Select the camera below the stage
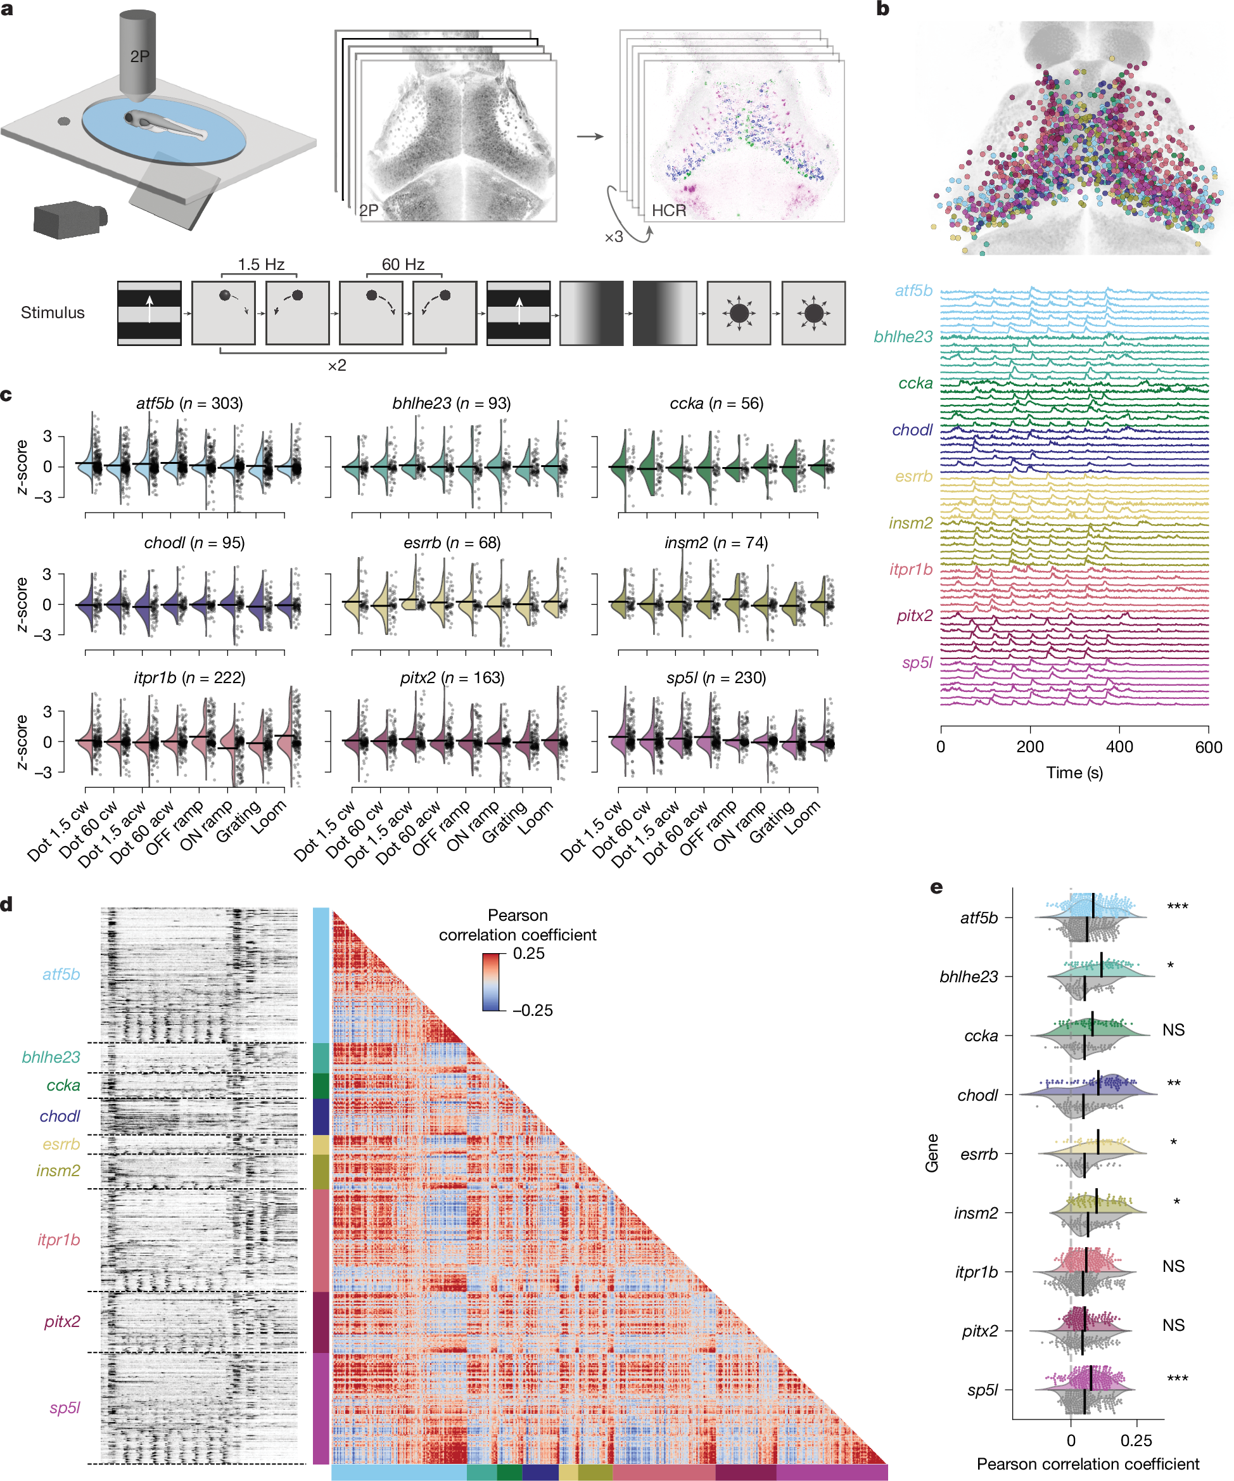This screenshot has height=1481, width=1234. [x=70, y=218]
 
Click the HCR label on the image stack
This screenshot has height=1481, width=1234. [x=668, y=210]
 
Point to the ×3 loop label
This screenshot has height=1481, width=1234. [x=613, y=237]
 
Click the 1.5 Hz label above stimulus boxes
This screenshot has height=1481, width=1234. [x=261, y=264]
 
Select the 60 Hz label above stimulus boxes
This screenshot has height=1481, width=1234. [x=403, y=264]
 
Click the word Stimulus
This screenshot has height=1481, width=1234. [x=52, y=312]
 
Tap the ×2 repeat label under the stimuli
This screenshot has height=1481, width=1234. [x=336, y=365]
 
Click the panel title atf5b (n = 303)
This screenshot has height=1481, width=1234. [x=189, y=404]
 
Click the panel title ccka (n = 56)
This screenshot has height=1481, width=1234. [x=716, y=404]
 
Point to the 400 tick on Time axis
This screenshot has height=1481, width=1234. [x=1119, y=747]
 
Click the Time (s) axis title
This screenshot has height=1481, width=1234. [x=1074, y=773]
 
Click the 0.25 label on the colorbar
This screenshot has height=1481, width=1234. [x=528, y=954]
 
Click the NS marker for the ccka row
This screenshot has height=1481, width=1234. [x=1173, y=1030]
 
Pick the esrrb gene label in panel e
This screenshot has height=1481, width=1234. [x=979, y=1155]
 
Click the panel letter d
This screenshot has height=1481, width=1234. [x=7, y=905]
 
